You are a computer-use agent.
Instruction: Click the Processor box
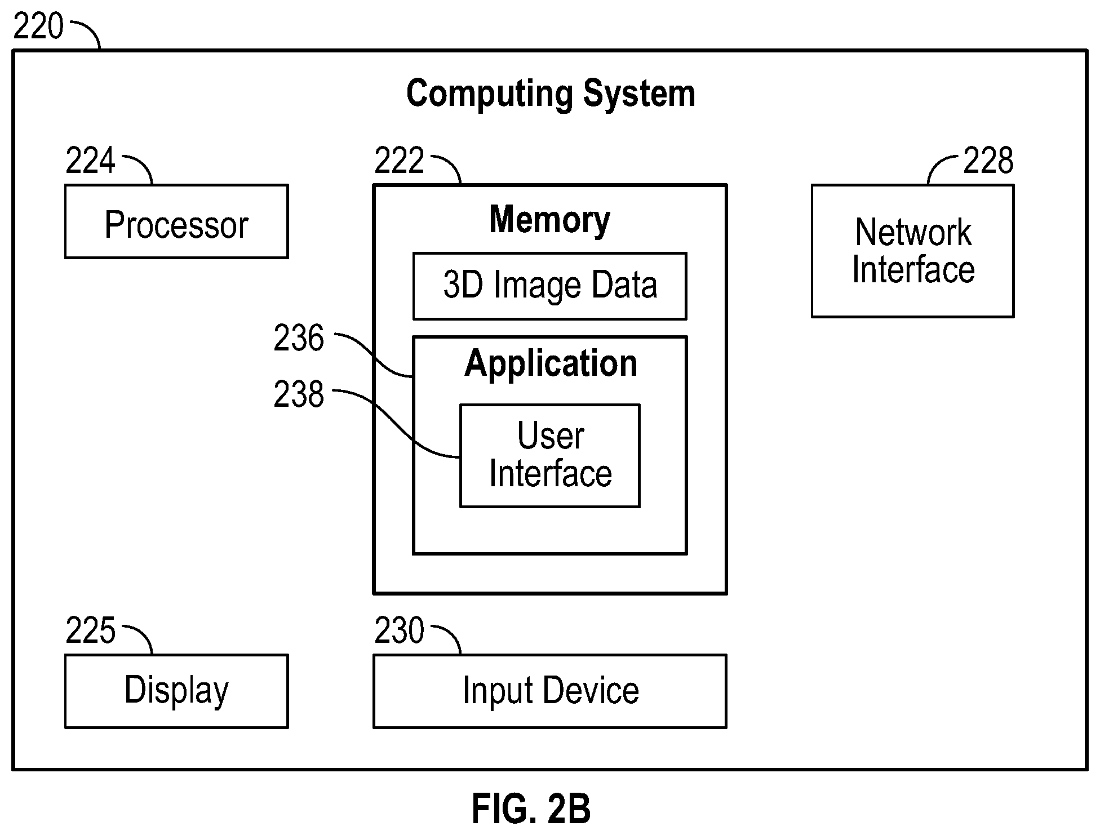176,221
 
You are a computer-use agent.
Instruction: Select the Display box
176,691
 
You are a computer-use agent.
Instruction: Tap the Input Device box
550,691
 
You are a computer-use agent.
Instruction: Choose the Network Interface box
913,251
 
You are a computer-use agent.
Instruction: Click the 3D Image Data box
550,286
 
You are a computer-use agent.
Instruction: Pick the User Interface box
550,456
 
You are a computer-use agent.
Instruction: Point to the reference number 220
38,26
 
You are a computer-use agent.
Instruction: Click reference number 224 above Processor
91,161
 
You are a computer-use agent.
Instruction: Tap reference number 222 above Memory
400,161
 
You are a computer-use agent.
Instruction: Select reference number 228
988,161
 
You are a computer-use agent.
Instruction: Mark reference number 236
299,339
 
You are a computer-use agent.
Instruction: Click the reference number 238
299,394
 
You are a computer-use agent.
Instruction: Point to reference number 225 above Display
91,630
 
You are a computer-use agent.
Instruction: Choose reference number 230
400,630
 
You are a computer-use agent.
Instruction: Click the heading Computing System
551,94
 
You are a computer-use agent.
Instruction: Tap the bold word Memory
550,220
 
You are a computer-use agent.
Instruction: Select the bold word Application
551,363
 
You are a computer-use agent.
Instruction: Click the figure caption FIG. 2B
531,809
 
